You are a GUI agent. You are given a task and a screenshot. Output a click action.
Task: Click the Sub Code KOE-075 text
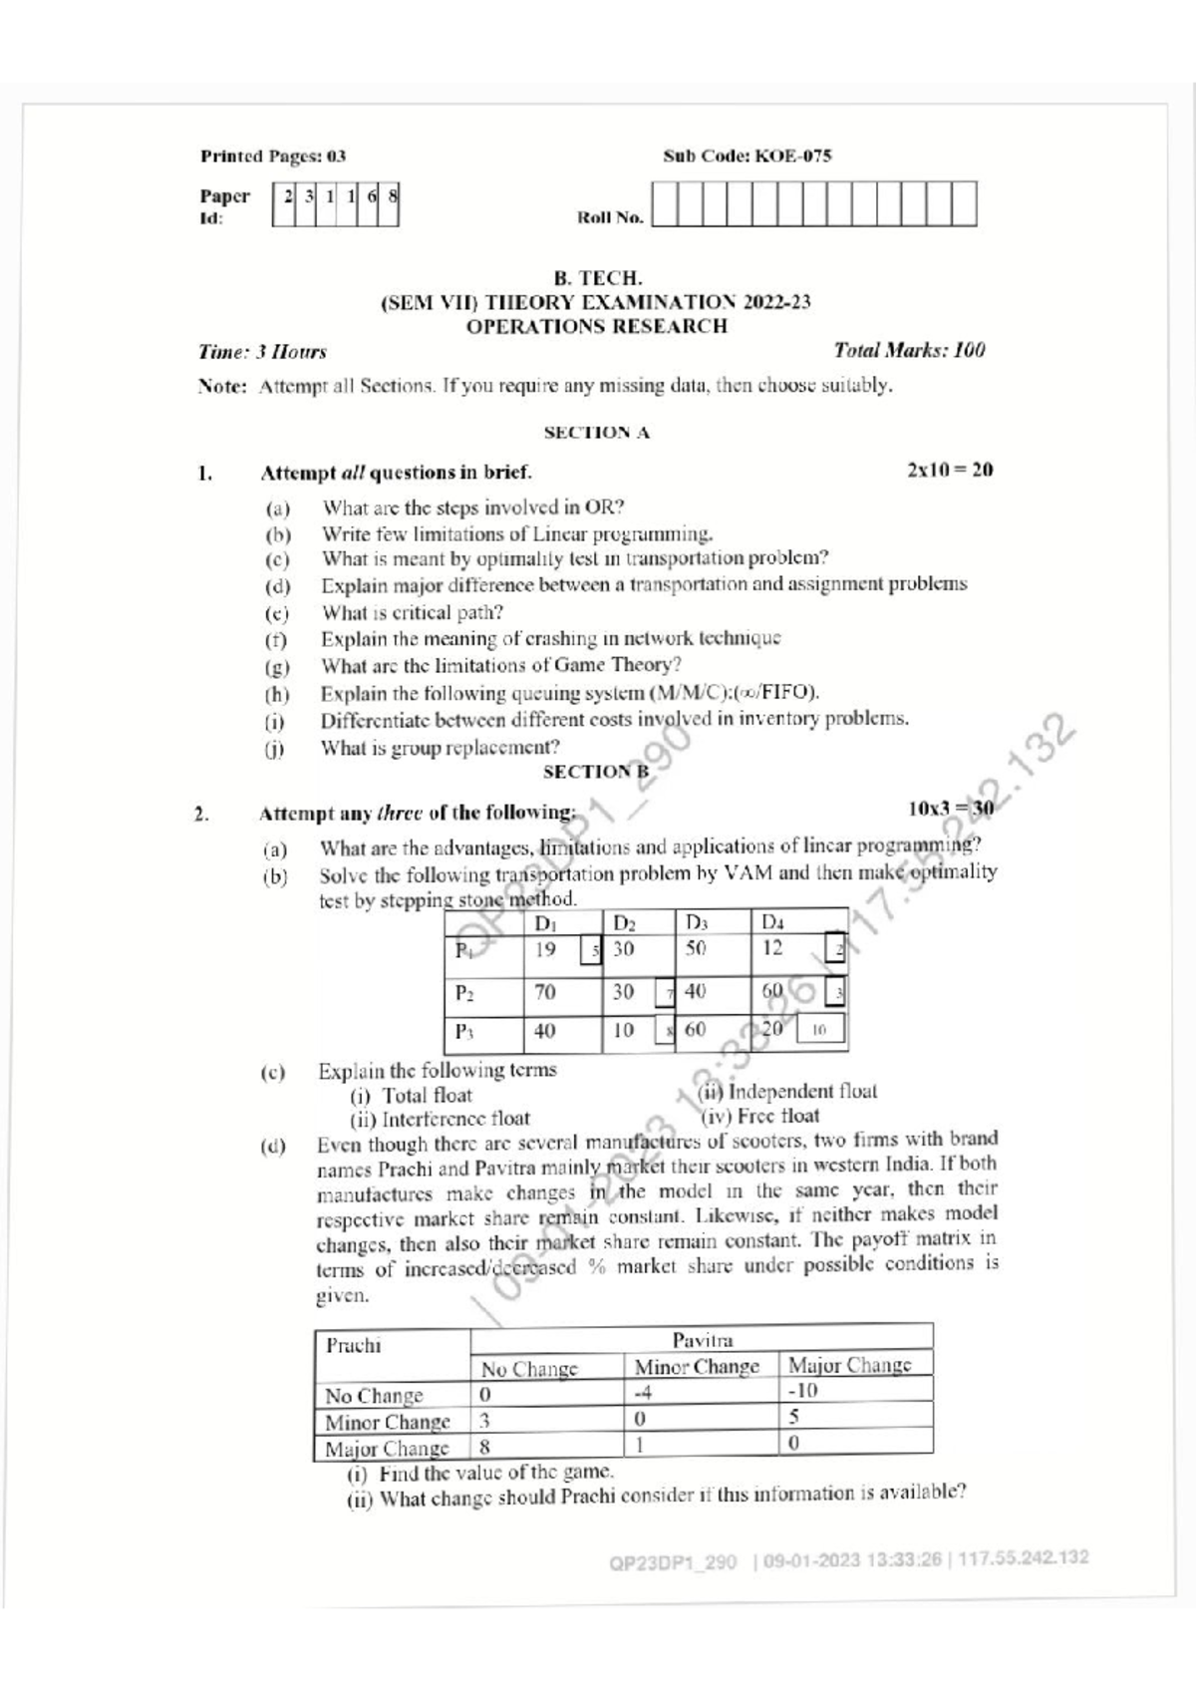747,156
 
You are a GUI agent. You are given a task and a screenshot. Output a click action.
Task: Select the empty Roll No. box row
814,204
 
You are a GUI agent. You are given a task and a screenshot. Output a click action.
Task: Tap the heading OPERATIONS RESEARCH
597,326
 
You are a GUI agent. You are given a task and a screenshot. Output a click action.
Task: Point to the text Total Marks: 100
909,350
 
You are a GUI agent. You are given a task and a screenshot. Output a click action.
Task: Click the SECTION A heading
596,433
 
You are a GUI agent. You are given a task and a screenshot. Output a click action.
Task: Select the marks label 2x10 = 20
950,470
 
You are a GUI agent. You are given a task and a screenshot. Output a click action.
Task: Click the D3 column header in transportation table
696,922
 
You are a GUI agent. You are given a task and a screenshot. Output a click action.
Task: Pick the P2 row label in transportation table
464,992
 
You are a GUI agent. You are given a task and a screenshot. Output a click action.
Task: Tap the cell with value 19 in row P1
545,949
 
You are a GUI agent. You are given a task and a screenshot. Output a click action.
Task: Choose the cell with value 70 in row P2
545,992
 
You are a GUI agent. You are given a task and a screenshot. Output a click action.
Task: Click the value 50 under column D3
696,948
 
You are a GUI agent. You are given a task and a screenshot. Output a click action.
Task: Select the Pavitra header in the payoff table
702,1340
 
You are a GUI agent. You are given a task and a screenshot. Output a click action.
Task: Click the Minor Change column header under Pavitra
697,1366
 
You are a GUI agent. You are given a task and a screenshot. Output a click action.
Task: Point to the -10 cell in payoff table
802,1391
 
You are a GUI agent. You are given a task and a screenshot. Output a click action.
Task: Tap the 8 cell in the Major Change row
485,1445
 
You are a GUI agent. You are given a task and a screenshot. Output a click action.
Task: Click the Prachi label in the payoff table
353,1345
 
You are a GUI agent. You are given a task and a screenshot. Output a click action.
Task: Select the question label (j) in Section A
275,748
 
